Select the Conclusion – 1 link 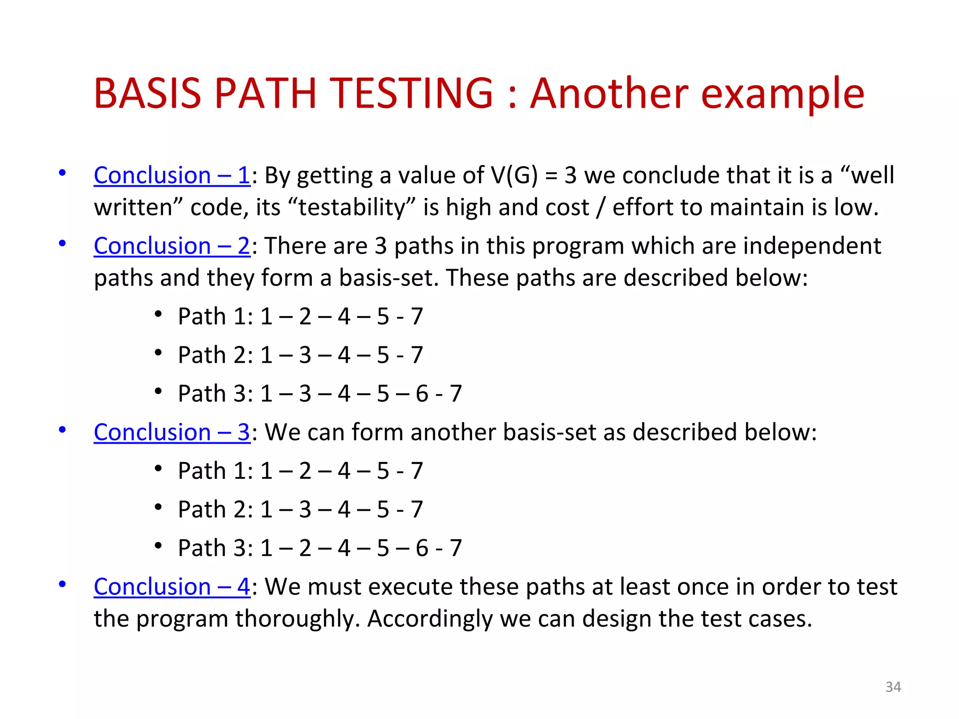[x=172, y=176]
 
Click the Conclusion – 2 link [x=172, y=246]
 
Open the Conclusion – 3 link [x=172, y=432]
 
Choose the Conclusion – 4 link [x=172, y=587]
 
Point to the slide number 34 [x=893, y=687]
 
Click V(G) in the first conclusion [x=514, y=176]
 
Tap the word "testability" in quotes [x=352, y=207]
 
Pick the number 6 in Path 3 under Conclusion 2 [x=421, y=394]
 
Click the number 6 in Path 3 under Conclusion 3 [x=421, y=548]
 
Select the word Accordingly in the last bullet [x=430, y=619]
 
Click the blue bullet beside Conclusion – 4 [x=62, y=584]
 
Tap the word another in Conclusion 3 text [x=453, y=432]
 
